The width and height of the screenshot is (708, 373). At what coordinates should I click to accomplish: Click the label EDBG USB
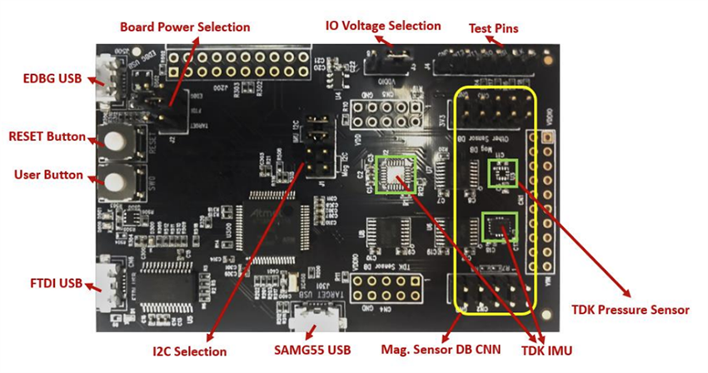click(52, 79)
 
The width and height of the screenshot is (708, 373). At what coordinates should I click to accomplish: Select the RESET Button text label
click(45, 136)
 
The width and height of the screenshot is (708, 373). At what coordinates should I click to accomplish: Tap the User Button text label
click(48, 175)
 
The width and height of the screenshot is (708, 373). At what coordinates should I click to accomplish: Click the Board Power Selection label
click(185, 27)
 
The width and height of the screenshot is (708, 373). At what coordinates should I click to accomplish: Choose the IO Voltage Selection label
click(382, 26)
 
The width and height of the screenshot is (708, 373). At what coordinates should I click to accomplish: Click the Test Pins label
click(494, 28)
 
